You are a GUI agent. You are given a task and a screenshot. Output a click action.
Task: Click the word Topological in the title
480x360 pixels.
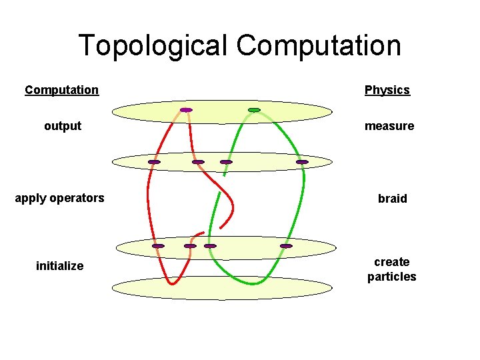[154, 46]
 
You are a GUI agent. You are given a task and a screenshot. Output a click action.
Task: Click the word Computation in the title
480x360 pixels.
[319, 46]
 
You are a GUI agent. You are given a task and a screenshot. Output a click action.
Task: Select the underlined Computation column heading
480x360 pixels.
[61, 90]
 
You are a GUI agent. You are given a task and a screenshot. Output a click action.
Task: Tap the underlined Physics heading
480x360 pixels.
[387, 90]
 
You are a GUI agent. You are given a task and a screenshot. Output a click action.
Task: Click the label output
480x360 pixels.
[63, 126]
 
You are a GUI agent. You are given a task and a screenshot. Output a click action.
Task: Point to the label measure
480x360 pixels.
[389, 126]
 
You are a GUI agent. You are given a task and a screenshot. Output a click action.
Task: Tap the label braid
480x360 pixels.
[392, 199]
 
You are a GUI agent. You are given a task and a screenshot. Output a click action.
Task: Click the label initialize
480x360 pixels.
[60, 266]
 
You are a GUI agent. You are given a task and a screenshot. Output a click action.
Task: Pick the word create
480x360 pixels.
[392, 262]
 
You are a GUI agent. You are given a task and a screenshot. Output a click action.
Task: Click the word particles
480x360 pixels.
[391, 277]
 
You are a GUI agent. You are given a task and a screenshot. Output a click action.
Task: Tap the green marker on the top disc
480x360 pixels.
[254, 110]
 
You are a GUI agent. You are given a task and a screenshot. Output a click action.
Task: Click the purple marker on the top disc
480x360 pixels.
[186, 110]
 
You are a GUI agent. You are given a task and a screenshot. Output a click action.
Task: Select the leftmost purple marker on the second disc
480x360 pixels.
[154, 162]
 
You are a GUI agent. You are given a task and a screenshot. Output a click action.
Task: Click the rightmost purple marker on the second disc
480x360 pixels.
[302, 162]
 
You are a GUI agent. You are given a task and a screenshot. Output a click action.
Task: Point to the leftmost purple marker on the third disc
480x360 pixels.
[158, 246]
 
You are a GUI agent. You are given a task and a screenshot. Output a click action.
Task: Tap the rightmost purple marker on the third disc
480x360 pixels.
[286, 246]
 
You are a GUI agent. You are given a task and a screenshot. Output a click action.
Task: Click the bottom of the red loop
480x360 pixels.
[172, 284]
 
